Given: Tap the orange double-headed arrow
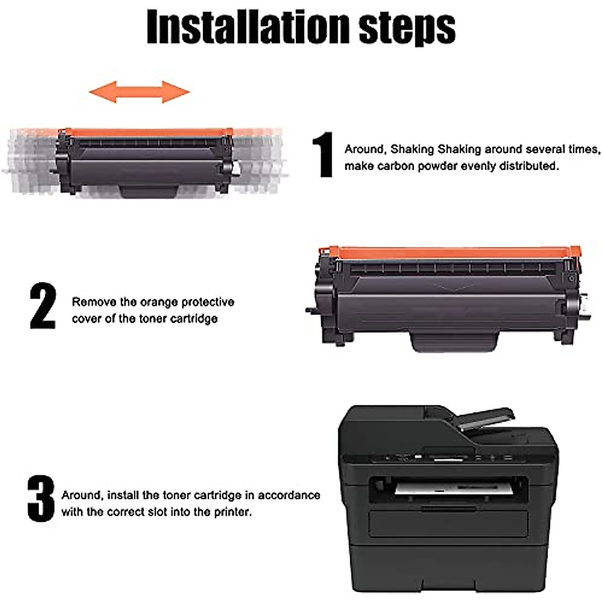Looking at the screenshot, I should [139, 92].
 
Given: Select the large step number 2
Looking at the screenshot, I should [43, 307].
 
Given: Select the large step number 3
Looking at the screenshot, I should [41, 498].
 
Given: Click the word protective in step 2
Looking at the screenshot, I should [208, 302].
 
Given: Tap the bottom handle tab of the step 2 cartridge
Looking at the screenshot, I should [454, 341].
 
